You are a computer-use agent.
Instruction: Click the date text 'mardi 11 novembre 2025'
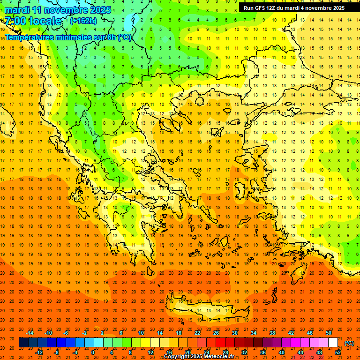(58, 9)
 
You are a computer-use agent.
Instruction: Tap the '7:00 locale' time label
(33, 21)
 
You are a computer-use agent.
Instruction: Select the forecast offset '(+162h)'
(83, 21)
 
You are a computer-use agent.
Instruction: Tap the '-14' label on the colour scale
(30, 333)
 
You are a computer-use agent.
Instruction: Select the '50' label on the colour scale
(328, 333)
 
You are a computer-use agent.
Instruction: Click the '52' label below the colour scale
(338, 352)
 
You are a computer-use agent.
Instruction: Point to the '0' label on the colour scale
(92, 352)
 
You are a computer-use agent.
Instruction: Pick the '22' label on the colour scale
(197, 333)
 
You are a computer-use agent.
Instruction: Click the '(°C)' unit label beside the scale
(349, 343)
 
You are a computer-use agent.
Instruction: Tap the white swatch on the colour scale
(333, 343)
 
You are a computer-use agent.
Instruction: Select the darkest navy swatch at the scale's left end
(23, 343)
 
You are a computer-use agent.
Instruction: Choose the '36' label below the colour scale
(263, 352)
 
